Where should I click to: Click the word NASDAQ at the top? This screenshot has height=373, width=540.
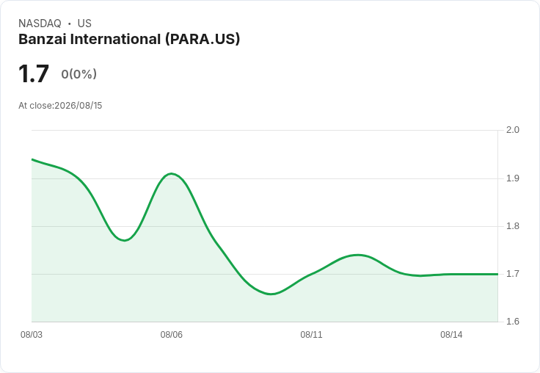tap(40, 23)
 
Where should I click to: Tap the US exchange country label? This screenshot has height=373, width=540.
tap(84, 23)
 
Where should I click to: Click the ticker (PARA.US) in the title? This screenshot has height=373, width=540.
tap(202, 40)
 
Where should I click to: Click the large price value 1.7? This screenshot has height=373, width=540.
tap(34, 73)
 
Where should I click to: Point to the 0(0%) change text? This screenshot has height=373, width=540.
tap(79, 74)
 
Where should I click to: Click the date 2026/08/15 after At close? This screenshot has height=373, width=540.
tap(79, 106)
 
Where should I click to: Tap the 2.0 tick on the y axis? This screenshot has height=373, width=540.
tap(512, 130)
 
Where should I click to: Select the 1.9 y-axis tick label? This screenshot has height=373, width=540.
tap(512, 178)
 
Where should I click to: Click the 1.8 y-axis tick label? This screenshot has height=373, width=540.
tap(512, 226)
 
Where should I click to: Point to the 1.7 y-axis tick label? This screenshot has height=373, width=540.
tap(512, 274)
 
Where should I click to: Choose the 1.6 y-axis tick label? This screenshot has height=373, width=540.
tap(512, 322)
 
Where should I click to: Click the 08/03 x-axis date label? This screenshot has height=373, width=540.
tap(32, 335)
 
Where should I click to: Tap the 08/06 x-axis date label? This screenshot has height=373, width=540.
tap(172, 335)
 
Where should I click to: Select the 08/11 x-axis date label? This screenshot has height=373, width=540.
tap(311, 335)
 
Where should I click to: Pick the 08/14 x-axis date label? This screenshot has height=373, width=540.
tap(451, 335)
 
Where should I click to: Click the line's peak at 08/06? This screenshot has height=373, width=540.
tap(172, 174)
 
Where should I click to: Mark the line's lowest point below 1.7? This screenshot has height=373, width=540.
tap(271, 294)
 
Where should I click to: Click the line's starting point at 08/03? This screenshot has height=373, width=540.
tap(32, 159)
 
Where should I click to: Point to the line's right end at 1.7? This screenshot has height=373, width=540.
tap(497, 274)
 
